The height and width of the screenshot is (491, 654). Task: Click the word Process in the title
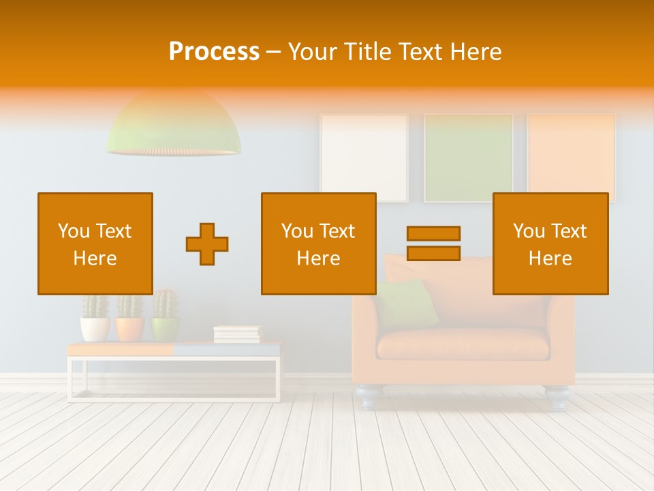pos(214,52)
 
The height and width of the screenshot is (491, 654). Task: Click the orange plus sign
pos(207,244)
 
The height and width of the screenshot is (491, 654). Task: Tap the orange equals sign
pos(433,243)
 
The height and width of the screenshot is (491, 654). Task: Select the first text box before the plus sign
pos(95,243)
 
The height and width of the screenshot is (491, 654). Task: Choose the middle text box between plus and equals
pos(318,243)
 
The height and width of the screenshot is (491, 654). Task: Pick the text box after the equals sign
pos(550,243)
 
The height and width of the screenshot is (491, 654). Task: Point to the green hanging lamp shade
pos(173,126)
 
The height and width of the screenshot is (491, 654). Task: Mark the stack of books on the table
pos(237,333)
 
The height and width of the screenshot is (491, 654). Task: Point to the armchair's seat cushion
pos(463,344)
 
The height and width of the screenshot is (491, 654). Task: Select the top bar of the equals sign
pos(433,233)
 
